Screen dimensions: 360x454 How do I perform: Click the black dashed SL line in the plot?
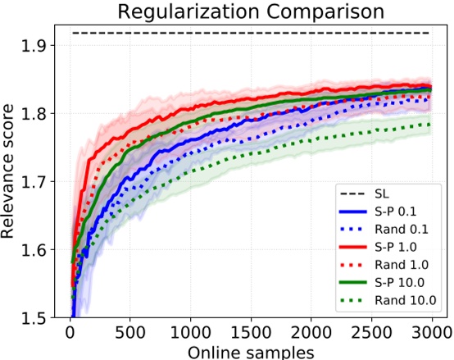tap(246, 33)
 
